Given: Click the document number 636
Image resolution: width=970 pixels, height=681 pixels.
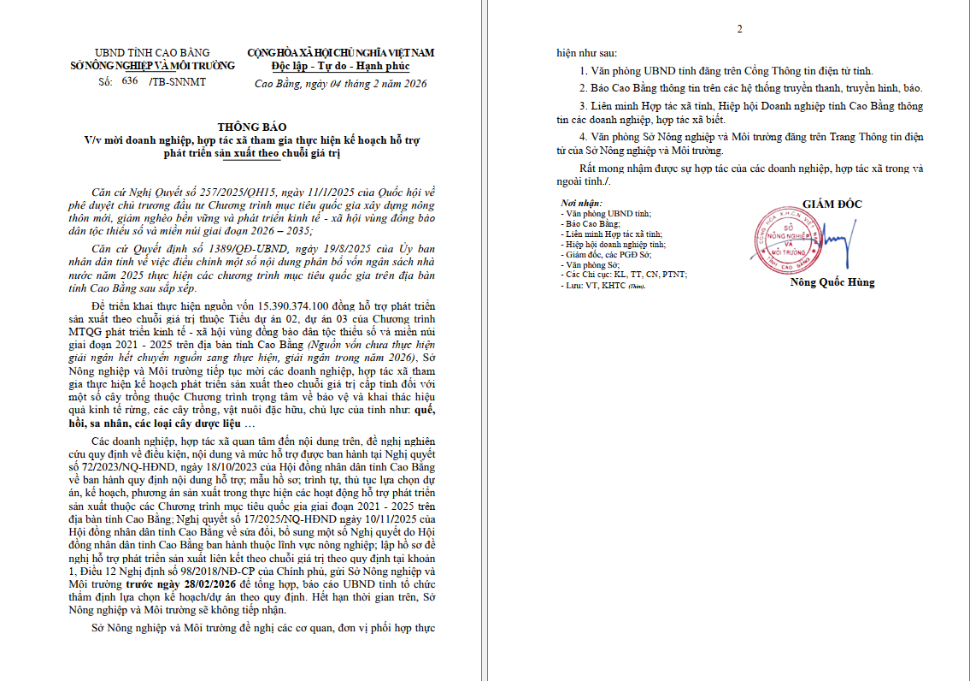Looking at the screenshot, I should tap(130, 81).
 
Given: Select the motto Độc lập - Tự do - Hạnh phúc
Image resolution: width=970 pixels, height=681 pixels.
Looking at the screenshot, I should tap(340, 65).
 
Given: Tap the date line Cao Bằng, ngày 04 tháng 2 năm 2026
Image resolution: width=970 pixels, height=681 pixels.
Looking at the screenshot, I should tap(340, 83).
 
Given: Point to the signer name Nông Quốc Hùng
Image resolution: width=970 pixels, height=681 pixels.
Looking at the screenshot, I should tap(832, 282).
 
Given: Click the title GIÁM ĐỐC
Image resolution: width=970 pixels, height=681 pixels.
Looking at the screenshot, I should tap(832, 204).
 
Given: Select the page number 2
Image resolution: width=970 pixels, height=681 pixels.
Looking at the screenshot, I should tap(740, 29).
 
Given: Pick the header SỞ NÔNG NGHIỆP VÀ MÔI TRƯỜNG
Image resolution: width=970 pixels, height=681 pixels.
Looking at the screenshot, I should tap(151, 65).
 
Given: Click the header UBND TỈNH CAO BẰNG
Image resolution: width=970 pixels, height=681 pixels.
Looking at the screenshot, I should tap(152, 53).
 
